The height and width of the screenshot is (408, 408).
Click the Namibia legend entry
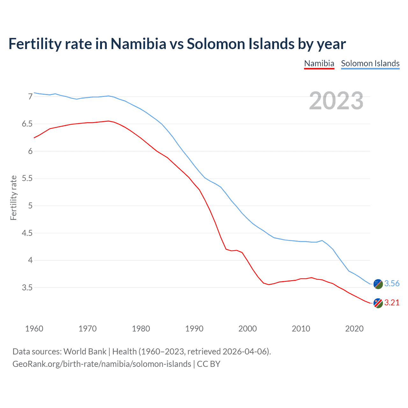click(x=319, y=63)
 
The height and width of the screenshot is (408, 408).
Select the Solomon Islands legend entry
click(x=370, y=63)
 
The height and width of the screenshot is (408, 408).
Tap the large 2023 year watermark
click(x=336, y=101)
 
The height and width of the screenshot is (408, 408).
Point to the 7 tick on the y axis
click(x=30, y=97)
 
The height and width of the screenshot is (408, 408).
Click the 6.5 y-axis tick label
click(x=27, y=124)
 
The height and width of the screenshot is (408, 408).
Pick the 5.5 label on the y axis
click(x=27, y=178)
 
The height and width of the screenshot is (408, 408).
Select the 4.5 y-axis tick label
click(x=27, y=233)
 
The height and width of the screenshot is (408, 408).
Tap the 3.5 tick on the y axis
click(x=27, y=288)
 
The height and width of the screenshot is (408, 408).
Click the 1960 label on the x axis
click(x=34, y=329)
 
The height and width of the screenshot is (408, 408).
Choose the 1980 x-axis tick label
click(x=141, y=329)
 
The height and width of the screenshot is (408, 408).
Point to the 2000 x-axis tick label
click(x=248, y=329)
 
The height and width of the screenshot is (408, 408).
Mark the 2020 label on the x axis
click(x=354, y=329)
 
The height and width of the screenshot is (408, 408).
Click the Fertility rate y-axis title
click(x=13, y=198)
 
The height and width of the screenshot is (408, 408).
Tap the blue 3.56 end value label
click(x=392, y=284)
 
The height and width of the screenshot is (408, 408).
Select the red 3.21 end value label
click(x=392, y=303)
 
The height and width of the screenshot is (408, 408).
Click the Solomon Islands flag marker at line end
click(x=378, y=284)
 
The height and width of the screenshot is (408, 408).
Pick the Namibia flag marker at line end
click(x=378, y=303)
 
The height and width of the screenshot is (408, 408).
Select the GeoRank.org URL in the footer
click(x=102, y=364)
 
